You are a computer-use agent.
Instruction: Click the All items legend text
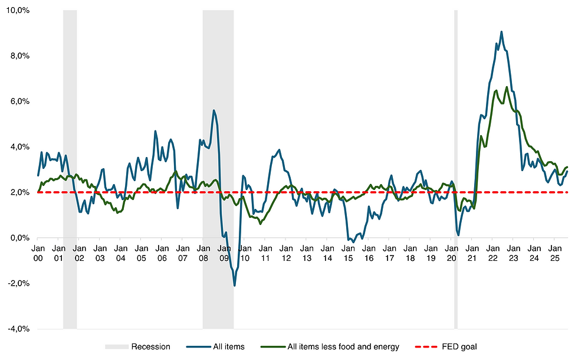click(228, 347)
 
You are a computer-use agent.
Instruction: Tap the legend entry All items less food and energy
click(343, 347)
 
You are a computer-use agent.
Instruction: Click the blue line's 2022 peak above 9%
click(501, 32)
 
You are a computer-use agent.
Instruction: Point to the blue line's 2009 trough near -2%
click(234, 286)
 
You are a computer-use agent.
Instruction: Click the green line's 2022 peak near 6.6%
click(507, 87)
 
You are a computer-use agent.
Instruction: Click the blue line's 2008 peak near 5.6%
click(214, 110)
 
